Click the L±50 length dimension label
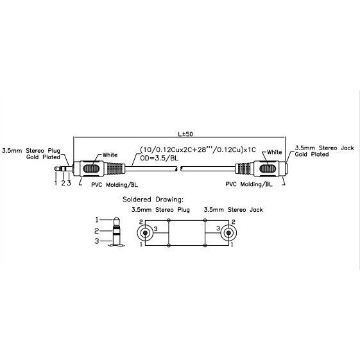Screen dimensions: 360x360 click(185, 134)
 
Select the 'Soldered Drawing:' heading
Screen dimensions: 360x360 click(153, 200)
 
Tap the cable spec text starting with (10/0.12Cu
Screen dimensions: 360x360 click(198, 150)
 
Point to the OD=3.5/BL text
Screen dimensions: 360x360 click(159, 158)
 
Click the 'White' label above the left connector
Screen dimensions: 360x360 click(110, 155)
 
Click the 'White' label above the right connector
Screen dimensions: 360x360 click(275, 152)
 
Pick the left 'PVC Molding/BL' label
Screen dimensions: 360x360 click(114, 185)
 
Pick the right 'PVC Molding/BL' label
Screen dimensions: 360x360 click(248, 184)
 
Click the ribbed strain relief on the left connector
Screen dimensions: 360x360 click(116, 169)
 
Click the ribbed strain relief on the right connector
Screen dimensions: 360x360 click(244, 169)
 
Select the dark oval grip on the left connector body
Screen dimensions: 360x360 click(91, 169)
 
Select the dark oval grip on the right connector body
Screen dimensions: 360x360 click(268, 169)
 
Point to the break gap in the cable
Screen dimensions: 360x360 click(179, 169)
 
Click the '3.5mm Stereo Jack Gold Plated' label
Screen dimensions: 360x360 click(324, 151)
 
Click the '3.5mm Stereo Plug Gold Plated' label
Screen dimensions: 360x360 click(31, 154)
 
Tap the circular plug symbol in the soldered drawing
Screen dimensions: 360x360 click(145, 233)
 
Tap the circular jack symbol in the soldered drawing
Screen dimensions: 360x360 click(228, 233)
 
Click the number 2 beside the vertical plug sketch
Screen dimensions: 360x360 click(97, 231)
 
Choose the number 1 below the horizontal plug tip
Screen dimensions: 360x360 click(56, 183)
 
